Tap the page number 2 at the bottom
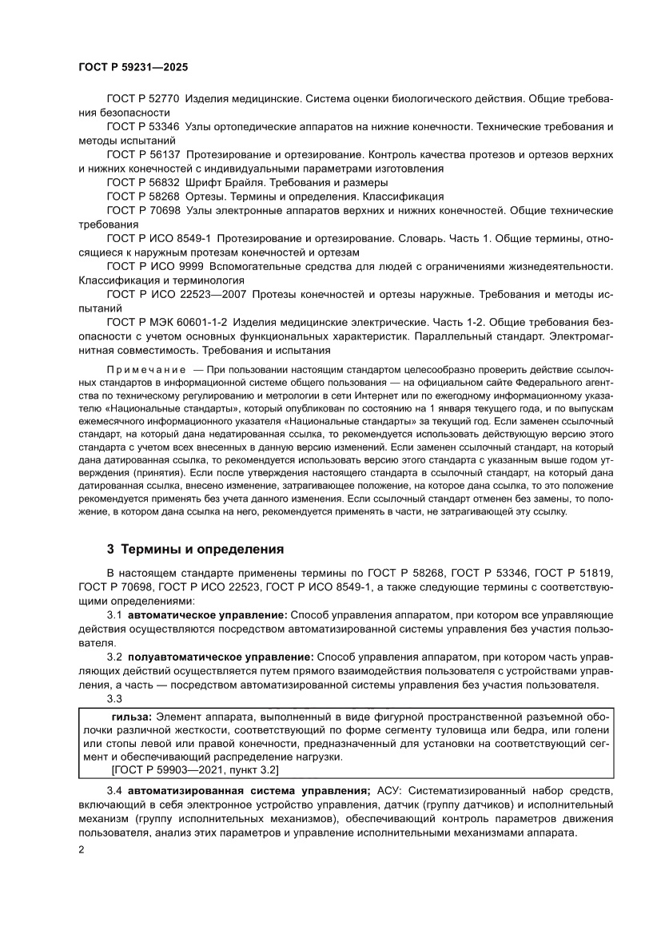[82, 871]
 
